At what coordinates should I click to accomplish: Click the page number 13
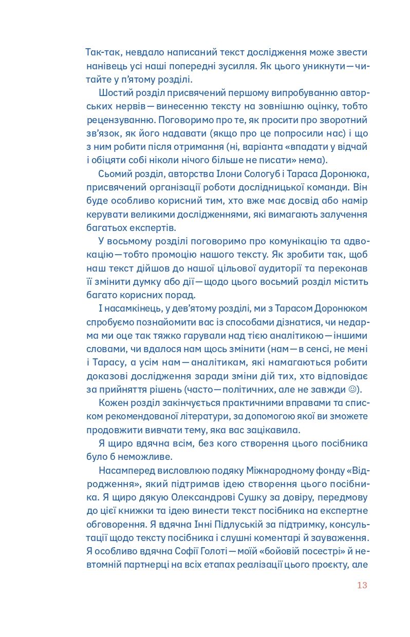[x=362, y=585]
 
